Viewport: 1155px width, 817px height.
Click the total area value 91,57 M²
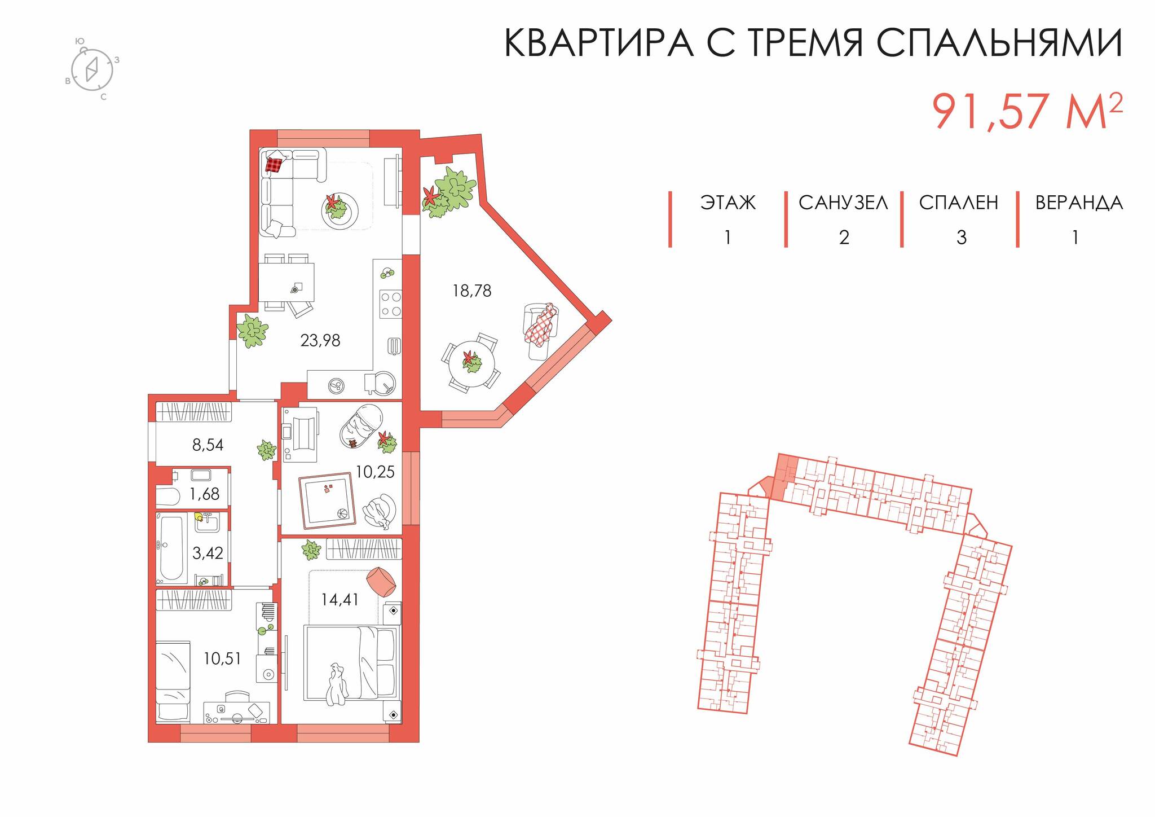[x=1026, y=112]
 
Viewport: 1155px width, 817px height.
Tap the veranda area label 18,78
[x=471, y=291]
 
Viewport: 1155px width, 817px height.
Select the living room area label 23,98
[x=320, y=340]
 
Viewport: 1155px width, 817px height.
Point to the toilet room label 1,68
[x=204, y=494]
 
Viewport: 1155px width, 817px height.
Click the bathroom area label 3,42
[x=208, y=553]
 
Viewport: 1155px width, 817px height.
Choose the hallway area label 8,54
[x=208, y=445]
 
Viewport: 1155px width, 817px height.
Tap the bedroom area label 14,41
[x=340, y=599]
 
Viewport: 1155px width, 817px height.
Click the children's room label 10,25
[x=374, y=472]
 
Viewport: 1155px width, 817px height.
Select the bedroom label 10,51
[x=222, y=658]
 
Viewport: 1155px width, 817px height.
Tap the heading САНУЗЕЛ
[x=843, y=203]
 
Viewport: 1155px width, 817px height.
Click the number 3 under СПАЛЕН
[x=961, y=238]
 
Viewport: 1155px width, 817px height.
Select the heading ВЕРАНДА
[x=1078, y=203]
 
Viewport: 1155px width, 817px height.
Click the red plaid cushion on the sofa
[x=274, y=164]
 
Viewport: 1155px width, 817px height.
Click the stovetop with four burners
[x=390, y=304]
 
